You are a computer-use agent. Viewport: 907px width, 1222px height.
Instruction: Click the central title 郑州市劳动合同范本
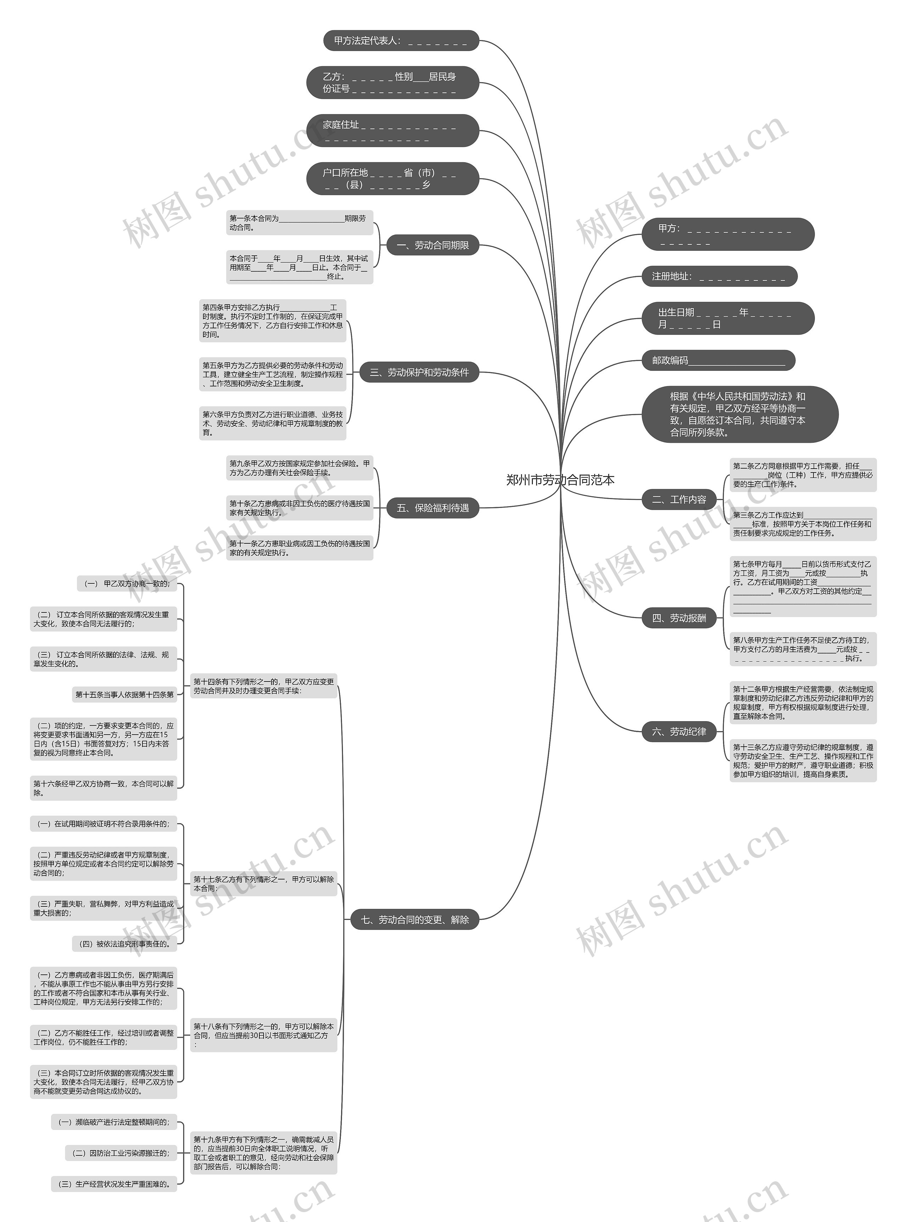pyautogui.click(x=560, y=480)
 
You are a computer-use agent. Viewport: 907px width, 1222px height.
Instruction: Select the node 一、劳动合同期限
pyautogui.click(x=433, y=245)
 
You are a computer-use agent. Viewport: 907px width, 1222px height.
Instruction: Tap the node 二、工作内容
pyautogui.click(x=679, y=499)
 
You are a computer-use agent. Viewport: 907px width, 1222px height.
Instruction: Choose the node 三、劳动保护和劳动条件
pyautogui.click(x=419, y=372)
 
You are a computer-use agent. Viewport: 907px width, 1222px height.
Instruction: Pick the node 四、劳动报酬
pyautogui.click(x=679, y=618)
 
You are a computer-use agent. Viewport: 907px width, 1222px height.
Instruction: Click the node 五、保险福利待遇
pyautogui.click(x=433, y=508)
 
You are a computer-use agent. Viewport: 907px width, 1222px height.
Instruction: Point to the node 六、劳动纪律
pyautogui.click(x=679, y=731)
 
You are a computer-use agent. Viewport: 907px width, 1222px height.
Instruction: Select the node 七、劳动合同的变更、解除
pyautogui.click(x=415, y=920)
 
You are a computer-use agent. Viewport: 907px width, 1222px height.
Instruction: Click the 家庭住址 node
pyautogui.click(x=393, y=131)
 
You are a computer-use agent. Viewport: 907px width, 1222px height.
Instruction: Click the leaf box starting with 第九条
pyautogui.click(x=300, y=468)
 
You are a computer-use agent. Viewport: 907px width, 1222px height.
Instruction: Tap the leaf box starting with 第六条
pyautogui.click(x=273, y=423)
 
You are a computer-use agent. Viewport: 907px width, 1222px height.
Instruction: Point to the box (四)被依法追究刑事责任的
pyautogui.click(x=125, y=944)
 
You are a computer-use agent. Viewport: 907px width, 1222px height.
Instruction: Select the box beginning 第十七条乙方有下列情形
pyautogui.click(x=264, y=883)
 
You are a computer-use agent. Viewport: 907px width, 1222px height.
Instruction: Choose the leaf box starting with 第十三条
pyautogui.click(x=803, y=760)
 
